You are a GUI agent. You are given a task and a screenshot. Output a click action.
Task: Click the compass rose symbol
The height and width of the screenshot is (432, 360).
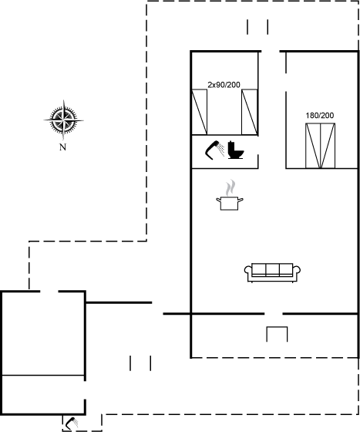[x=63, y=120]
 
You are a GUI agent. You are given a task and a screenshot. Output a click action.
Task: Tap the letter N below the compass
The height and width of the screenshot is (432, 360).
[x=62, y=147]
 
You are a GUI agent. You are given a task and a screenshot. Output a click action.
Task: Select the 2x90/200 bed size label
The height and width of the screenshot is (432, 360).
[x=224, y=85]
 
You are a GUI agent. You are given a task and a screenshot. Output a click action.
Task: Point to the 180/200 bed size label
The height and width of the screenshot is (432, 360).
[x=320, y=116]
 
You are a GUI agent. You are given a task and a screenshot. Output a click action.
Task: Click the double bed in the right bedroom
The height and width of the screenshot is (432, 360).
[x=321, y=146]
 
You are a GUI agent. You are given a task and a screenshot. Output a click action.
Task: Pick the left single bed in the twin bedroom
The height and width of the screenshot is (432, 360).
[x=199, y=112]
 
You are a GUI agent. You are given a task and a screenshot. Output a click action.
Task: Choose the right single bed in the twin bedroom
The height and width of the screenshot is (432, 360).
[x=249, y=112]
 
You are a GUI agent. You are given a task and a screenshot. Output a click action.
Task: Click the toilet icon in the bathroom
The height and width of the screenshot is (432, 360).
[x=236, y=150]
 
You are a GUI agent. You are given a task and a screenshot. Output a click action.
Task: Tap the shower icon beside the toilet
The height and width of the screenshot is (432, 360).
[x=214, y=150]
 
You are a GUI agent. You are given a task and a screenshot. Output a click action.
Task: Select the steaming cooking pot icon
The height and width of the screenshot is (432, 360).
[x=230, y=195]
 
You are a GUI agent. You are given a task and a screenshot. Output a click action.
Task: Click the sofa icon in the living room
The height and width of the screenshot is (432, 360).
[x=272, y=273]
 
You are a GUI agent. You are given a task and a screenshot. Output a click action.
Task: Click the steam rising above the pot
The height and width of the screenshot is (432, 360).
[x=230, y=187]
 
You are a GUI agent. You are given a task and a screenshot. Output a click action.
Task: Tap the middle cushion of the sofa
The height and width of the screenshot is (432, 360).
[x=272, y=269]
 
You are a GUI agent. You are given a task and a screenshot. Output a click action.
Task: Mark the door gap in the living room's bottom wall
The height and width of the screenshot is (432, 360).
[x=274, y=313]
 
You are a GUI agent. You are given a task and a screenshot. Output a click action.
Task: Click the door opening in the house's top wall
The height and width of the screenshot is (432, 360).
[x=271, y=51]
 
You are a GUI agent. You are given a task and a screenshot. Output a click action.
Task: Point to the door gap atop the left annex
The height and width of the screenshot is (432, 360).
[x=49, y=292]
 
